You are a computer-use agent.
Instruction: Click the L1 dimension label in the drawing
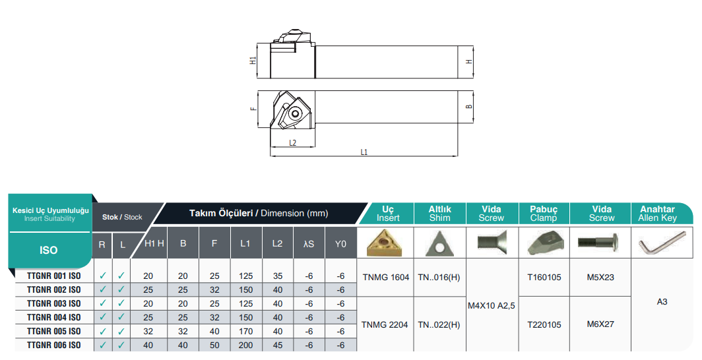pos(364,152)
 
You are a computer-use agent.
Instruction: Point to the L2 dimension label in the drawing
pos(292,143)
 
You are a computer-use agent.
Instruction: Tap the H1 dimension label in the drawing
pos(253,61)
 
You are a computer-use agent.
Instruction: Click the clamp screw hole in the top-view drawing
pos(294,113)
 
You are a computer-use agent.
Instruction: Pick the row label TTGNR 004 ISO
pos(53,318)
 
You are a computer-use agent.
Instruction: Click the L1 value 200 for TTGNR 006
pos(246,345)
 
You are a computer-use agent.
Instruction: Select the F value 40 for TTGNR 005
pos(214,332)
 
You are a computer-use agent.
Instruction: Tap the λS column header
pos(309,244)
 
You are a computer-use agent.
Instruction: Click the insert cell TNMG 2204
pos(385,324)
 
